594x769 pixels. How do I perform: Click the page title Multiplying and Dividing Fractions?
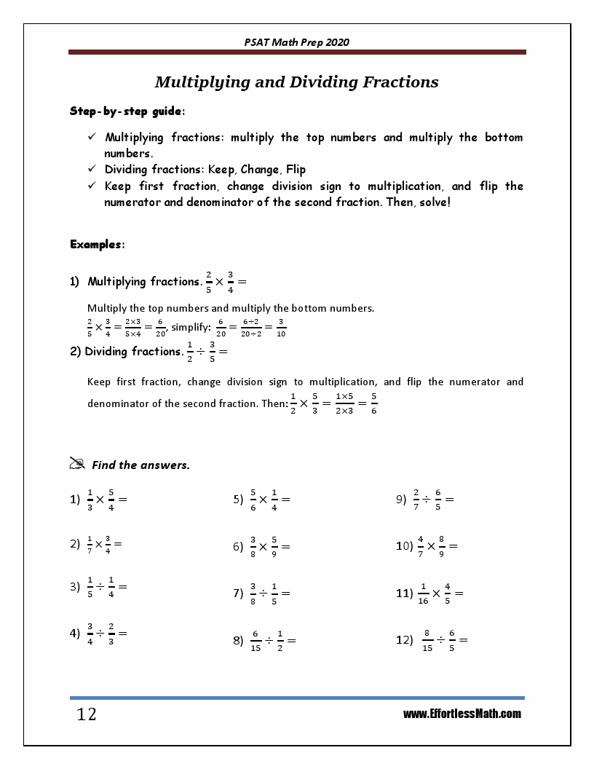coord(296,82)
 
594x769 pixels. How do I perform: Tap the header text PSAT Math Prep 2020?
coord(296,42)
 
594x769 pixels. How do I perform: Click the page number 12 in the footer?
coord(86,714)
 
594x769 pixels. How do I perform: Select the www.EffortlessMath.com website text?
coord(462,714)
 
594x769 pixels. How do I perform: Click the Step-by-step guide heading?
coord(127,111)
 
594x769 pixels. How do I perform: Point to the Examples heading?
coord(97,244)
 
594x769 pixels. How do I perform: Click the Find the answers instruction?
coord(140,465)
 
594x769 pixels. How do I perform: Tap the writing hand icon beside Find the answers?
coord(77,463)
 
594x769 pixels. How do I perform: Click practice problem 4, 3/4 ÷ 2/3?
coord(100,634)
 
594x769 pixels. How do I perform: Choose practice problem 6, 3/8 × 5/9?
coord(262,546)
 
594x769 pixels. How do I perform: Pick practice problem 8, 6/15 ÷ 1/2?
coord(265,641)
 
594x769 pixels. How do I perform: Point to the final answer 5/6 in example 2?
coord(373,403)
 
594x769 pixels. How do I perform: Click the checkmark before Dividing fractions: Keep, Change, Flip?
coord(92,170)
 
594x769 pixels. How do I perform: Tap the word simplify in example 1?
coord(190,328)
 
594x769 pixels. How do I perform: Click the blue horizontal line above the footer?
coord(296,698)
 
